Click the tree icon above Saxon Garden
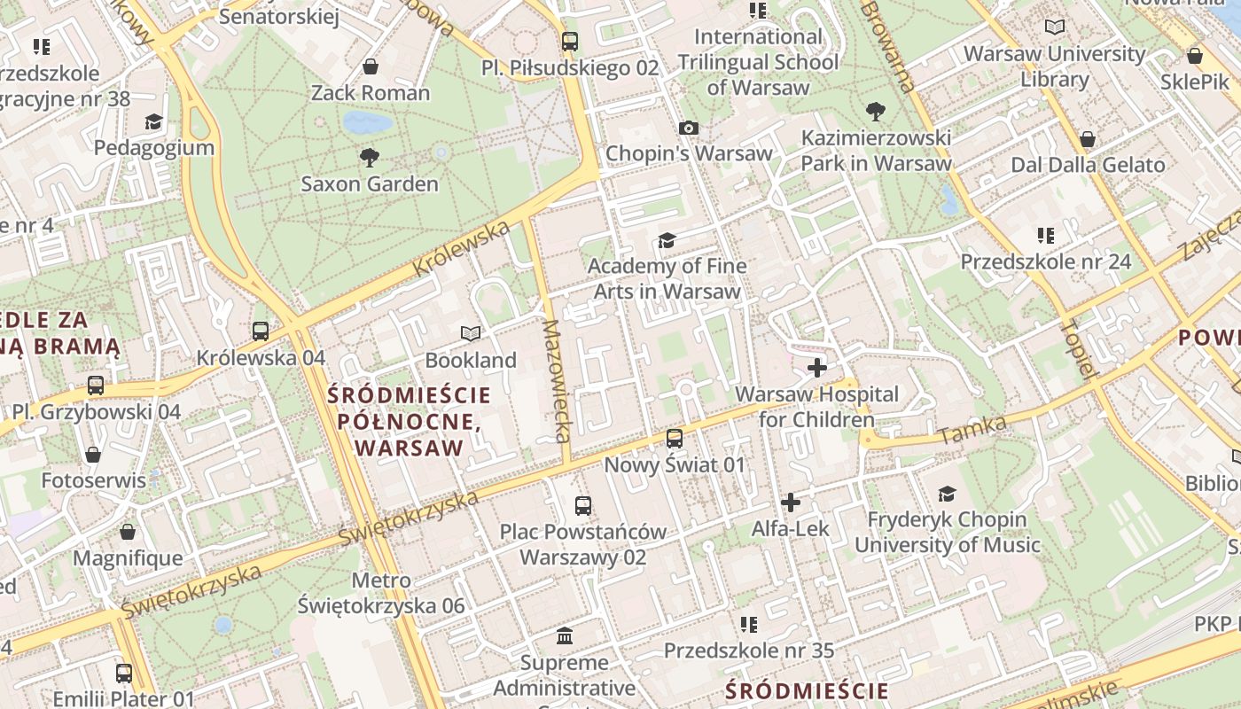pos(370,158)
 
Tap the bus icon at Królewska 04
pos(261,331)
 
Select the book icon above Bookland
pos(471,333)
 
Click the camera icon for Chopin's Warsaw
pos(689,128)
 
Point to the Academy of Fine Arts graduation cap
pos(667,240)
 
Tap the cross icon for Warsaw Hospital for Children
pos(817,367)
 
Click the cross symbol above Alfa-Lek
pos(791,503)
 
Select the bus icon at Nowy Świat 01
pos(675,438)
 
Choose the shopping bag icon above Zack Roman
pos(371,66)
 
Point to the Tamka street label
pos(973,430)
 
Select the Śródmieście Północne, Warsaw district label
pos(409,421)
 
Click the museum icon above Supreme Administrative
pos(565,636)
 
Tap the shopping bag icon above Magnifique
pos(128,532)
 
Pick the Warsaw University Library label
pos(1054,66)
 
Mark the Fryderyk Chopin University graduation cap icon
pos(948,494)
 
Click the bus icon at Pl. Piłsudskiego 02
pos(570,41)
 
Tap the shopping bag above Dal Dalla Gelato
pos(1088,139)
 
